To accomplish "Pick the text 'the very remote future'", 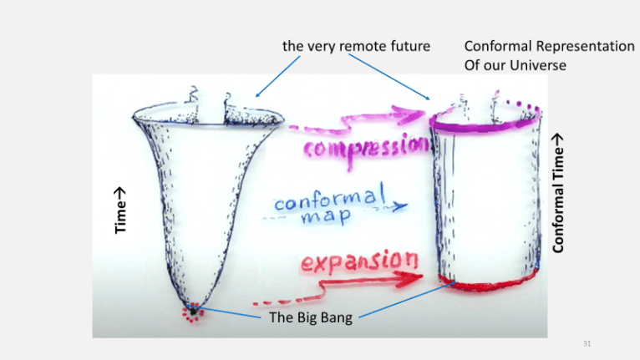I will [x=356, y=47].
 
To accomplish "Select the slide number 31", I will [x=584, y=343].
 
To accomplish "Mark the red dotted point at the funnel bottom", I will [x=194, y=312].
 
